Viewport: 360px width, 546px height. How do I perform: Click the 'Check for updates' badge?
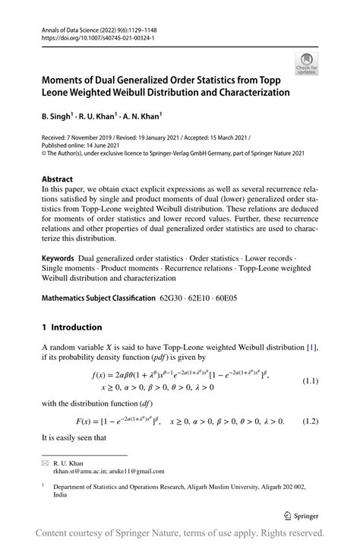(x=307, y=64)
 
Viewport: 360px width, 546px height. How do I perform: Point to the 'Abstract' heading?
(x=58, y=179)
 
